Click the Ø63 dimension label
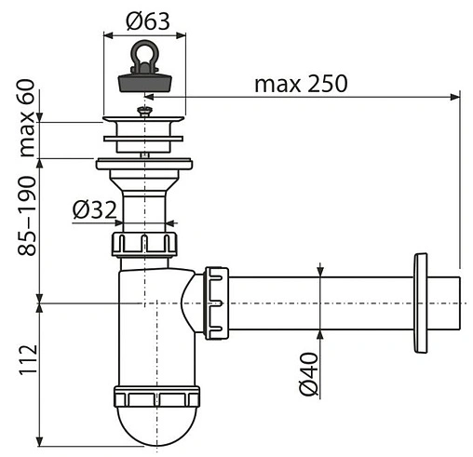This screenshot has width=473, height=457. point(148,21)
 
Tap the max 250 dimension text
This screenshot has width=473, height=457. point(301,83)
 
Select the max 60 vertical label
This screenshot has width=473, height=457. point(27,118)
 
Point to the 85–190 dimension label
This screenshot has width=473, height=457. point(27,216)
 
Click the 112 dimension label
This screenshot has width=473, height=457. point(28,360)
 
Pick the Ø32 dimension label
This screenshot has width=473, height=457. point(95,210)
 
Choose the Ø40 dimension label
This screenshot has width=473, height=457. point(309,374)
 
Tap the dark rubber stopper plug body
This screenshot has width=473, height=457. point(144,82)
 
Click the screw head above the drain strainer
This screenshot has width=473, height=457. point(144,110)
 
